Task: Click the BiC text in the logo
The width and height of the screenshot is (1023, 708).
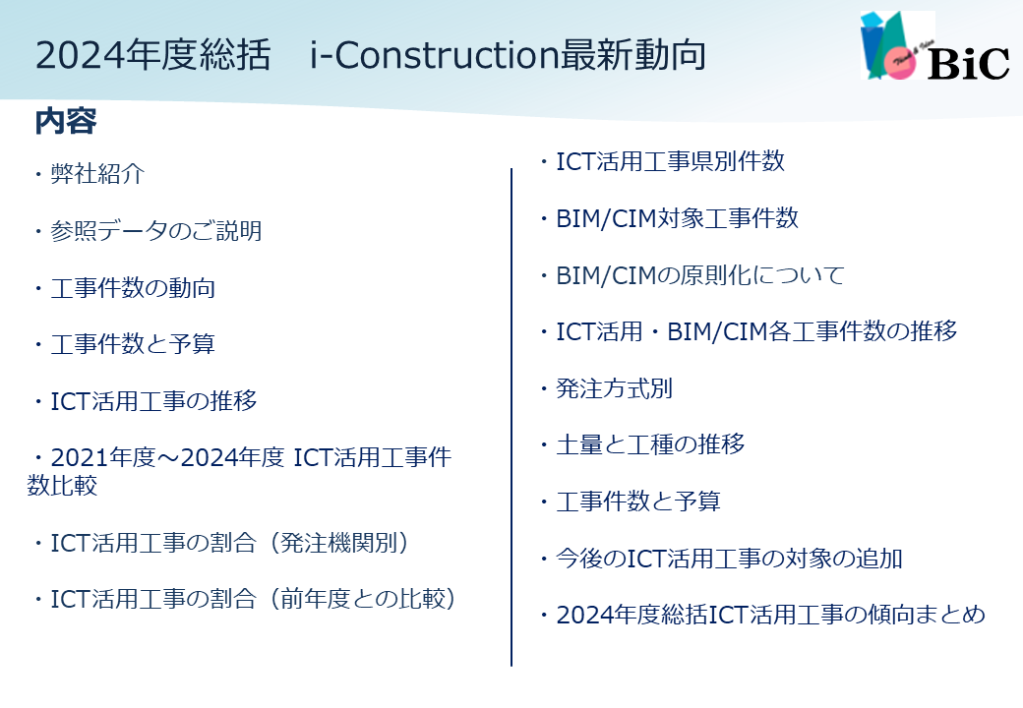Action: click(x=969, y=63)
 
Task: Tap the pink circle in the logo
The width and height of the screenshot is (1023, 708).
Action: click(x=900, y=63)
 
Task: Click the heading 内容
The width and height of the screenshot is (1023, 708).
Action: click(x=66, y=121)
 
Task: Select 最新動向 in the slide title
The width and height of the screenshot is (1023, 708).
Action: click(x=632, y=55)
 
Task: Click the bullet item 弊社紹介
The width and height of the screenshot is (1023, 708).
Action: click(x=97, y=173)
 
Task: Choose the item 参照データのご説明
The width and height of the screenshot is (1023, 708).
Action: click(x=156, y=231)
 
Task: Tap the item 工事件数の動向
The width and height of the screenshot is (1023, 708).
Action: click(x=133, y=288)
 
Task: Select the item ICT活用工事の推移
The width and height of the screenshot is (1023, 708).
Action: click(x=154, y=401)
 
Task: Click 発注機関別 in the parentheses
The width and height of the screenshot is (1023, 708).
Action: click(x=338, y=543)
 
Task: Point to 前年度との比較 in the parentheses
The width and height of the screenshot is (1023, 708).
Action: click(x=362, y=599)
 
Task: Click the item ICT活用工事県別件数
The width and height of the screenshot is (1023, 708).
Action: click(x=670, y=161)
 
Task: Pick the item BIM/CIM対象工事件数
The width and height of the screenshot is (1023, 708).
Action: click(x=677, y=218)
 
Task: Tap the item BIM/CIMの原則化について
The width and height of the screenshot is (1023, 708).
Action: click(x=700, y=275)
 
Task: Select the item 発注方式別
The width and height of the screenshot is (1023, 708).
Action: click(x=614, y=388)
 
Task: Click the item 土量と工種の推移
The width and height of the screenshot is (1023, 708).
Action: click(x=650, y=444)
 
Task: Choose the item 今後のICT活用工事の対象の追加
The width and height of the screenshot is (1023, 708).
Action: click(x=729, y=559)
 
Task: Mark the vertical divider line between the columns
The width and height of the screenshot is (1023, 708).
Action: click(x=511, y=417)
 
